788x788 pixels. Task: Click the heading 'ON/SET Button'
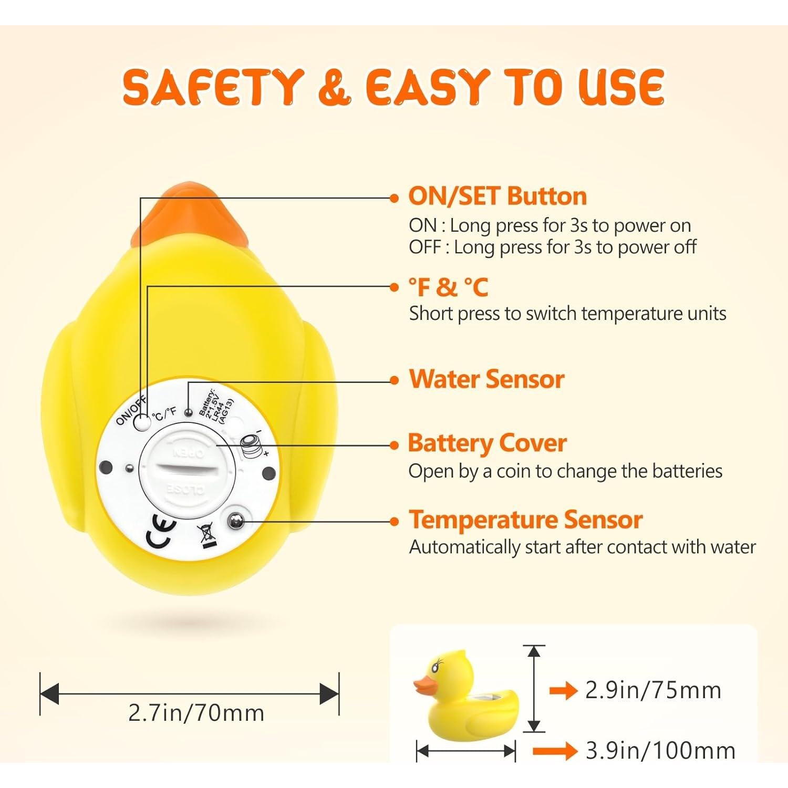point(497,196)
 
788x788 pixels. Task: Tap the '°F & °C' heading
point(448,287)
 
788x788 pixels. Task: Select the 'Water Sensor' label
point(486,379)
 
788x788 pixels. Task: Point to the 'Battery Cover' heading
point(487,443)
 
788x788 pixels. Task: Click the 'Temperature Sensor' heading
point(525,520)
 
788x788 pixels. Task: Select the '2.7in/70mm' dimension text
point(196,713)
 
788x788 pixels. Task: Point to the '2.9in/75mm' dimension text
point(653,690)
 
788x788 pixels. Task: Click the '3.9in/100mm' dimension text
point(660,751)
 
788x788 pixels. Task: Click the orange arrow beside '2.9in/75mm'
point(563,690)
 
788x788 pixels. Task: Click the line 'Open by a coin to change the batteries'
point(565,471)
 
